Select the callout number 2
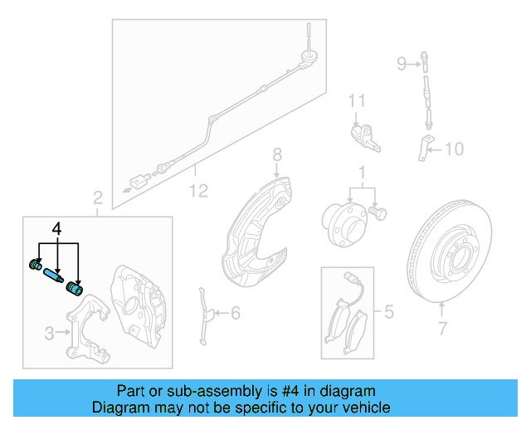coord(97,198)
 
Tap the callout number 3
coord(49,334)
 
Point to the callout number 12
coord(197,192)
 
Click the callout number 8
coord(277,154)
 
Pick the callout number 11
coord(356,101)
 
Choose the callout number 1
coord(361,173)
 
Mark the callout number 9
coord(402,63)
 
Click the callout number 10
coord(455,149)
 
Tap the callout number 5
coord(385,312)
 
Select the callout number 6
coord(235,313)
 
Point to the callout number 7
coord(441,329)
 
